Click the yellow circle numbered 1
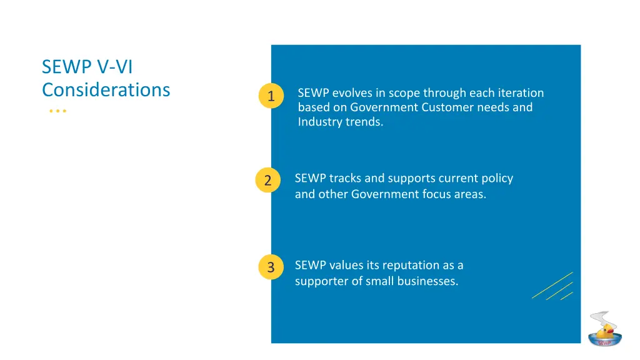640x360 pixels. click(271, 96)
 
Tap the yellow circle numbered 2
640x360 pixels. click(267, 181)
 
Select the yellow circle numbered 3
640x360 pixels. click(271, 267)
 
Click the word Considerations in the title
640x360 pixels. click(106, 90)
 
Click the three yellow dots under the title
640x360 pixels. click(57, 111)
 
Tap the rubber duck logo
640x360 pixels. click(604, 329)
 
